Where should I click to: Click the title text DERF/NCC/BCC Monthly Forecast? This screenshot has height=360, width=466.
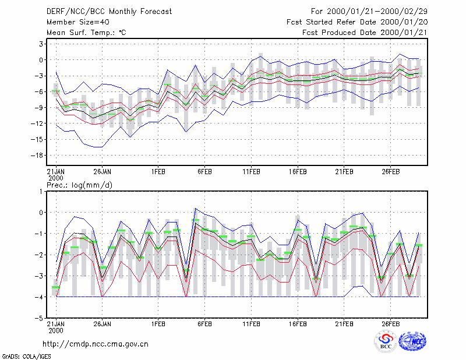[x=109, y=12]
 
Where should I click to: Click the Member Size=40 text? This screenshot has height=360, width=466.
[x=78, y=22]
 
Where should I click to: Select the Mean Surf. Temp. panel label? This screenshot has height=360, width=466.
[x=86, y=33]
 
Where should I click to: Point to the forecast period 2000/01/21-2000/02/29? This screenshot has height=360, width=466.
[x=369, y=12]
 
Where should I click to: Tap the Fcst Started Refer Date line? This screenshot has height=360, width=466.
[x=357, y=22]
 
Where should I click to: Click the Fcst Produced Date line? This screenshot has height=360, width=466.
[x=365, y=33]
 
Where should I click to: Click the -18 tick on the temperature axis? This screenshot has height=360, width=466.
[x=37, y=155]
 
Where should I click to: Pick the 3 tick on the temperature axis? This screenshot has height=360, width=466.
[x=41, y=44]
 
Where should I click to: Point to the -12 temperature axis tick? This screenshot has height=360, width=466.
[x=37, y=123]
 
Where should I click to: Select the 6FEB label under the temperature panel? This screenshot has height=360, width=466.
[x=205, y=172]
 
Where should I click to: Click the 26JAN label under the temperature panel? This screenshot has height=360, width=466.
[x=103, y=172]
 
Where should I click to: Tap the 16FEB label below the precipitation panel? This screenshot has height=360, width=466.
[x=298, y=324]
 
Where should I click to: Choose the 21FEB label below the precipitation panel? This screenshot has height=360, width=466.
[x=344, y=324]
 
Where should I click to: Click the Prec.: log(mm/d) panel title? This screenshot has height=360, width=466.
[x=80, y=185]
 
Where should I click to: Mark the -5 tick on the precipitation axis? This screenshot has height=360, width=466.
[x=39, y=318]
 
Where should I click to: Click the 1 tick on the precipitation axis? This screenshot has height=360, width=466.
[x=41, y=192]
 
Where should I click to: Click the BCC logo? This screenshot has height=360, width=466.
[x=386, y=341]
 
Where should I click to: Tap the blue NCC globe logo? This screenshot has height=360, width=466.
[x=412, y=341]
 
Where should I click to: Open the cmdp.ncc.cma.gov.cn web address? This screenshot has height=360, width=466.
[x=96, y=344]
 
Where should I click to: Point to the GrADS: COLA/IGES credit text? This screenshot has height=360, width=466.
[x=27, y=357]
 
